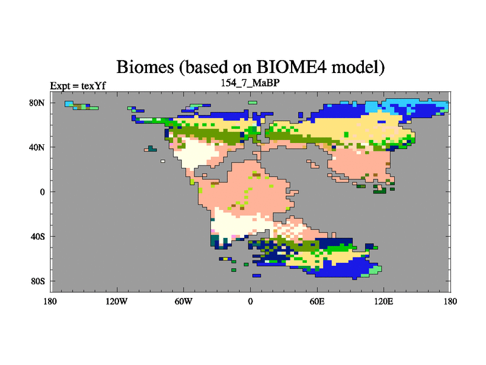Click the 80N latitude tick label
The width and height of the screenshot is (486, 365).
(37, 103)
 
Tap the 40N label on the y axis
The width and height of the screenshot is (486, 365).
(37, 147)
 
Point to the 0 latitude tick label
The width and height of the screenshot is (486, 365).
(42, 192)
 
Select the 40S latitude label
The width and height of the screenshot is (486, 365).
(38, 237)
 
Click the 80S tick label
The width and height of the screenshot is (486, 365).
(38, 281)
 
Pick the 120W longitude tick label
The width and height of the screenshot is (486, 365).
(117, 301)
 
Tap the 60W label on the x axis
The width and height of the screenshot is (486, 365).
(183, 301)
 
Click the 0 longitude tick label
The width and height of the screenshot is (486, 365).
(250, 301)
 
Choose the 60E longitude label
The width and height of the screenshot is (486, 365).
(317, 301)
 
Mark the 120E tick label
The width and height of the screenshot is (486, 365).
(384, 301)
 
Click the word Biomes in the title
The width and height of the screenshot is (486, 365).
(145, 67)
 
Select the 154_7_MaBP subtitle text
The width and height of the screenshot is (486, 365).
(250, 83)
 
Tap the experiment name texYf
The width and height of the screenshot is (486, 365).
(94, 86)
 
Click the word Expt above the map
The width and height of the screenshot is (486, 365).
(60, 86)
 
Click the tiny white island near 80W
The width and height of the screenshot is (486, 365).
(163, 161)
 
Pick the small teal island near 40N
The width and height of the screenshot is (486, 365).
(151, 148)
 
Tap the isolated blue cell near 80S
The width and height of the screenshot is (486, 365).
(256, 276)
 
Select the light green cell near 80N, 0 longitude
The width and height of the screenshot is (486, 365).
(253, 103)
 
